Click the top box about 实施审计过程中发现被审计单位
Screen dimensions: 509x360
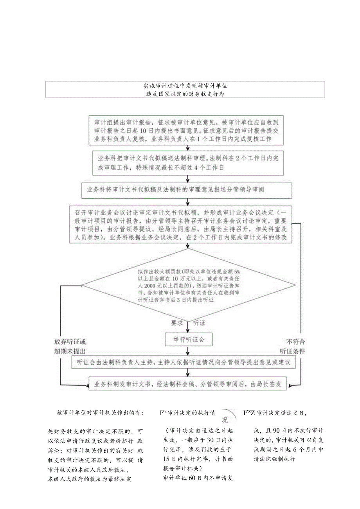coord(185,89)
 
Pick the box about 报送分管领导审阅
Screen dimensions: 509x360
coord(186,191)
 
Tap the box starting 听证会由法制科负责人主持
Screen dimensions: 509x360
coord(183,362)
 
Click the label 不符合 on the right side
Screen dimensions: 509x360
coord(296,341)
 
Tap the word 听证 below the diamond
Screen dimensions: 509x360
coord(199,324)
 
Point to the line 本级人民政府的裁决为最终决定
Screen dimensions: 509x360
coord(89,478)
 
